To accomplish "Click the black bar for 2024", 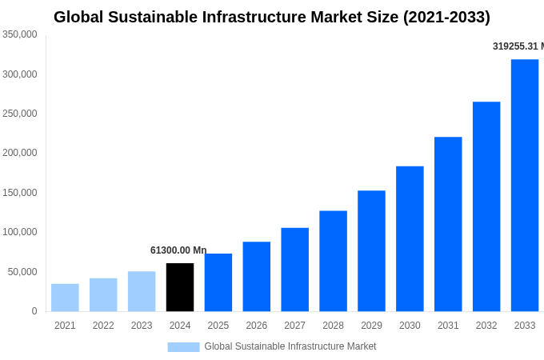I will coord(180,287).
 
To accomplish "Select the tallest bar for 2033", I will coord(525,186).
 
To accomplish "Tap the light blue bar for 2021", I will coord(65,298).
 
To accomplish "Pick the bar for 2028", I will coord(333,261).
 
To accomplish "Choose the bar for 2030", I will coord(410,238).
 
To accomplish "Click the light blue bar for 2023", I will coord(142,291).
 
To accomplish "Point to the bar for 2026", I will coord(257,276).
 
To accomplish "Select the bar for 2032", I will coord(486,206).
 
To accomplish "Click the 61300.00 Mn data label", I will coord(178,250).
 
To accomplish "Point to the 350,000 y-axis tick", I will coord(20,34).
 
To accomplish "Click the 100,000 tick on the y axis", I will coord(20,232).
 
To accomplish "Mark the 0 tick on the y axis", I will coord(34,311).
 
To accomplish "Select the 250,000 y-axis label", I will coord(20,114).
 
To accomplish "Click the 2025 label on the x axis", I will coord(218,326).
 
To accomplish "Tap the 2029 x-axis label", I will coord(371,326).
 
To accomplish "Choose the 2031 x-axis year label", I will coord(448,326).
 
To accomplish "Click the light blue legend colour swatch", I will coord(183,346).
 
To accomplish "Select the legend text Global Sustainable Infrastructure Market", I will coord(290,346).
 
